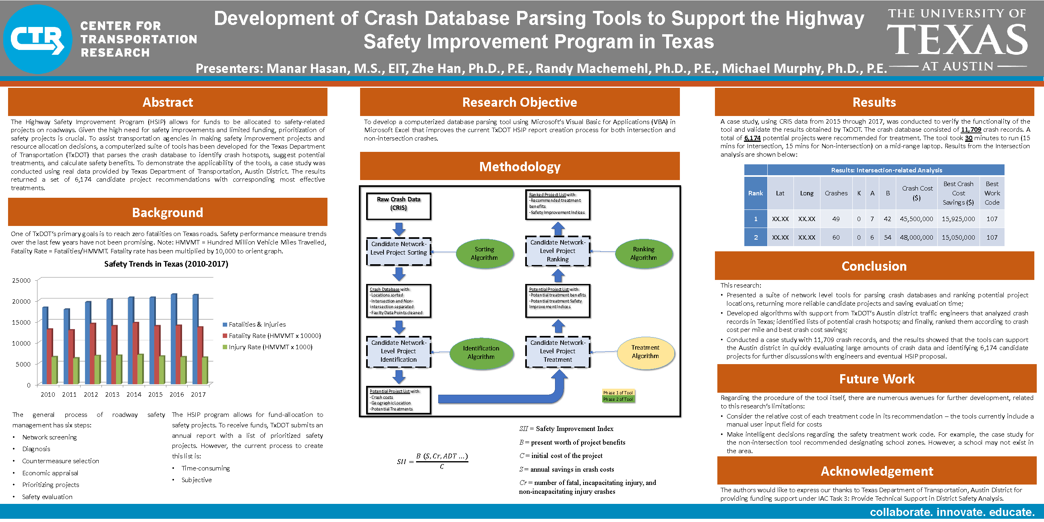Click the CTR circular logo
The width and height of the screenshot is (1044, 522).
tap(38, 39)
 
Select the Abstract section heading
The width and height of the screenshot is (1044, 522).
tap(168, 102)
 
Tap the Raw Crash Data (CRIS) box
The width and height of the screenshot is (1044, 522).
tap(398, 206)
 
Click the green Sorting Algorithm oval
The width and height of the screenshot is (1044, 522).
tap(484, 254)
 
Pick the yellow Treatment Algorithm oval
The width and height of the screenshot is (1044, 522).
tap(645, 352)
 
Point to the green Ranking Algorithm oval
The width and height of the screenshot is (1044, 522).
tap(644, 254)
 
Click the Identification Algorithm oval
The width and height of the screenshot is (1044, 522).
tap(481, 352)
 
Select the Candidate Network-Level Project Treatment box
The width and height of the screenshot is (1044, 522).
tap(558, 351)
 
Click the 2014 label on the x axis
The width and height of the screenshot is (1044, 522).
tap(134, 394)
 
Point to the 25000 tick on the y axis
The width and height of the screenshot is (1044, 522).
tap(21, 280)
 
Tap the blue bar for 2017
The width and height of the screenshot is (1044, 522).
tap(195, 339)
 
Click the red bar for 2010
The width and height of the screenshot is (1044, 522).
tap(50, 356)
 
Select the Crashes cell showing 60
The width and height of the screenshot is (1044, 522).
tap(836, 238)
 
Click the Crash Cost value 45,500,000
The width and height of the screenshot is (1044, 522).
tap(916, 219)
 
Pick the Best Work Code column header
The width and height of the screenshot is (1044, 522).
tap(992, 193)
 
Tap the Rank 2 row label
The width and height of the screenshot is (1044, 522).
tap(756, 238)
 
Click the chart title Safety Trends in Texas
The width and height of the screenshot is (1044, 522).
tap(166, 264)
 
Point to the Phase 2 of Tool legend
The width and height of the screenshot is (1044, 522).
tap(617, 399)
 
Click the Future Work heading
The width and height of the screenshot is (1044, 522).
tap(876, 379)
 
